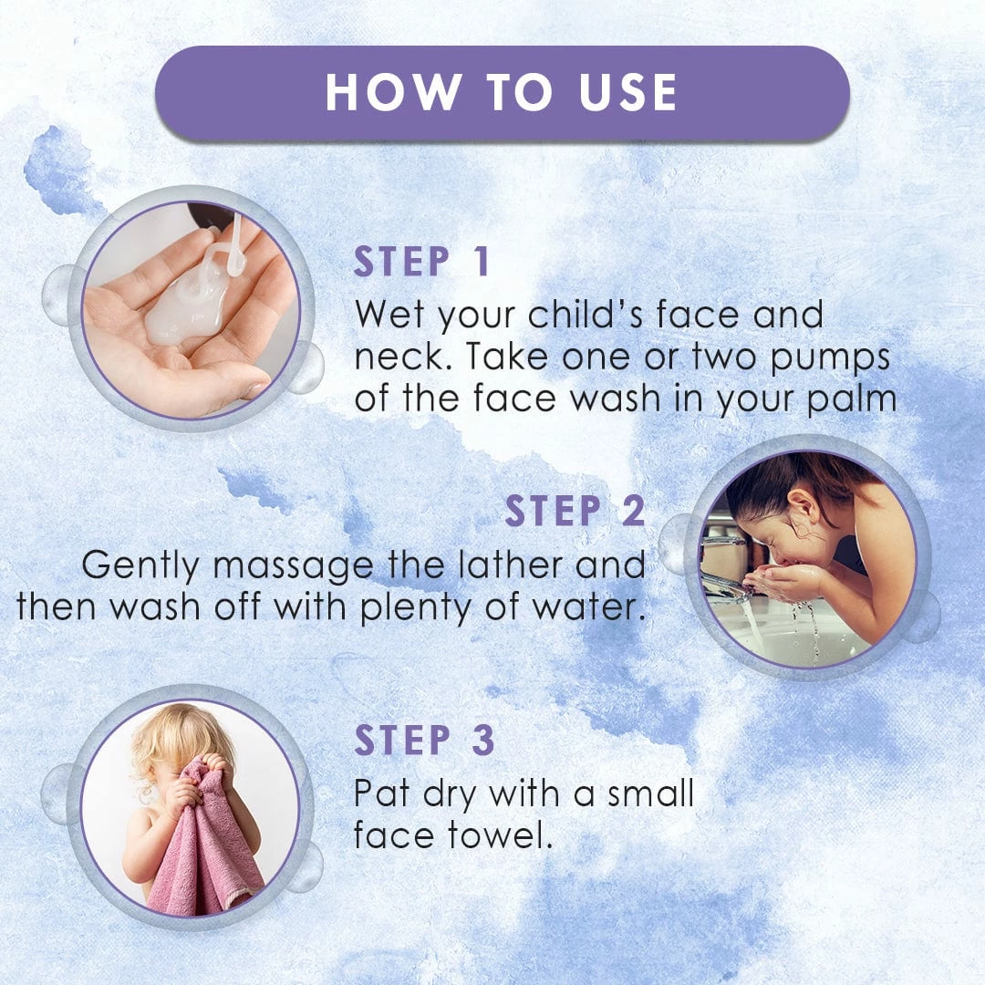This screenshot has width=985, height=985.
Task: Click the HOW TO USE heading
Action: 501,92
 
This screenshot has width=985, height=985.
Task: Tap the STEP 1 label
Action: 421,262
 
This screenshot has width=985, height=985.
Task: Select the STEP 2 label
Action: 575,511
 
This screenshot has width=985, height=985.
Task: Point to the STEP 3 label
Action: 425,740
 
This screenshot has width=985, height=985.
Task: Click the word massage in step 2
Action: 293,567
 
